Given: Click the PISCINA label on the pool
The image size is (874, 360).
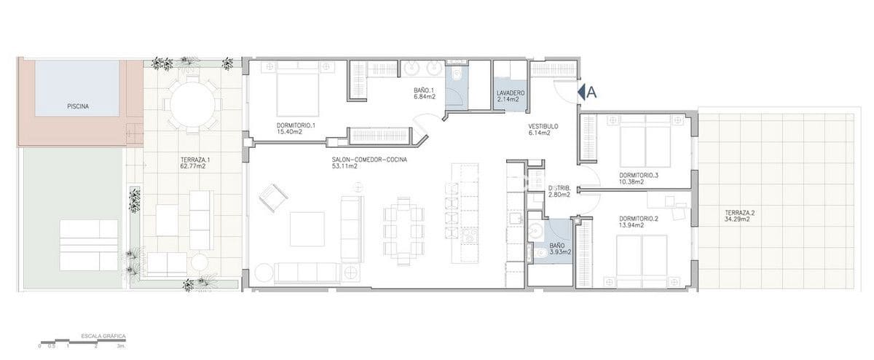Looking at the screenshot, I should pos(78,106).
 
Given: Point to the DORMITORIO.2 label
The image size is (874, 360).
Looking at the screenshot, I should pos(639,219).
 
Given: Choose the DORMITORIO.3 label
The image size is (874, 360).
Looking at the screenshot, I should pos(639,175).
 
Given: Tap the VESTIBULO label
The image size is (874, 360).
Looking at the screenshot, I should pos(543,126).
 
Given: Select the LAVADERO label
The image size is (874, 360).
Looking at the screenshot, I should pos(511,93).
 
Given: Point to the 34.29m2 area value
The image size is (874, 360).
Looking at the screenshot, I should pos(737,220).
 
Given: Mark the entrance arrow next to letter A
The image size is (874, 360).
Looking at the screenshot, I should pos(581,92).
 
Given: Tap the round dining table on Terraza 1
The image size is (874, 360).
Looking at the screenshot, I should pos(192,103).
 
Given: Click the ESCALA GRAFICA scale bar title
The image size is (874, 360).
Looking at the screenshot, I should pos(102,337).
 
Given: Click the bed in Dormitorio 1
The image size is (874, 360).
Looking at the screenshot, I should pos(296,84).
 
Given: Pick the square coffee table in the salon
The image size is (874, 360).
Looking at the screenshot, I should pos(307,228).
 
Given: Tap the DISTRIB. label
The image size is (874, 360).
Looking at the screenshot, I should pos(559,188).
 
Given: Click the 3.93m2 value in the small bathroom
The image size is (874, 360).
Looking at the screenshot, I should pos(560,252).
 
